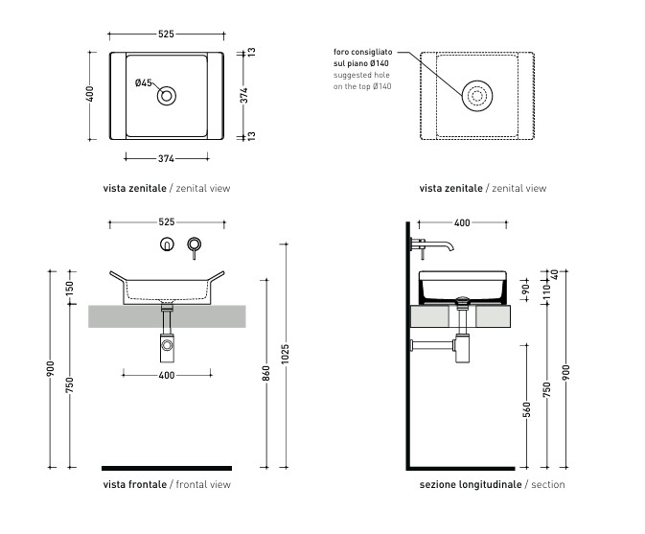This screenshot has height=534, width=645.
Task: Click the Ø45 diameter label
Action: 143,83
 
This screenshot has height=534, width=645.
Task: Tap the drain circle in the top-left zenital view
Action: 168,94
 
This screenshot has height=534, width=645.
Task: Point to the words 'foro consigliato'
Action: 362,52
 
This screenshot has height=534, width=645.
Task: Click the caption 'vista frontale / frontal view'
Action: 167,484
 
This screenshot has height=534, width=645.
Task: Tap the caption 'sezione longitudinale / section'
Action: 492,484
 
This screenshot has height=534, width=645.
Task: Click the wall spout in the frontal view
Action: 195,247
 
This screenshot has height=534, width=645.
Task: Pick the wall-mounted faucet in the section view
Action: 433,246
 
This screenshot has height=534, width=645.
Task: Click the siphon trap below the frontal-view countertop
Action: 168,342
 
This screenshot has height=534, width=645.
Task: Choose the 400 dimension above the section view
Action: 461,222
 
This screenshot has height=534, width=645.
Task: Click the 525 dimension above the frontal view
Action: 167,222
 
